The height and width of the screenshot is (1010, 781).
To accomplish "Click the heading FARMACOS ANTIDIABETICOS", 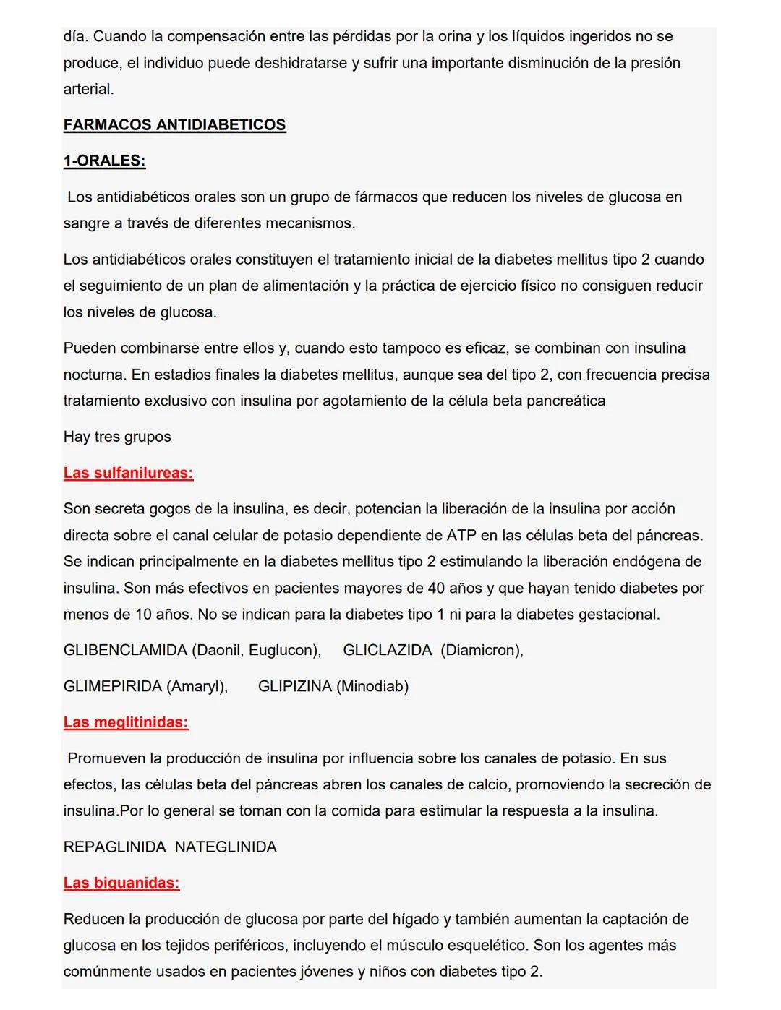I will pos(174,125).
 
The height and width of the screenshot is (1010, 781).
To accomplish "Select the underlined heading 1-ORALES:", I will pos(104,161).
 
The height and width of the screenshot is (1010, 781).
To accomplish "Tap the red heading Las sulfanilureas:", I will pos(128,474).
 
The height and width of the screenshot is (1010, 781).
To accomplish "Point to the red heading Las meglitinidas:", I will pos(126,722).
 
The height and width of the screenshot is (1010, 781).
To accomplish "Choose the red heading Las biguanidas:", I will pos(121,883).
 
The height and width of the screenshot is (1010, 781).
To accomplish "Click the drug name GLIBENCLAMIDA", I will pos(125,651).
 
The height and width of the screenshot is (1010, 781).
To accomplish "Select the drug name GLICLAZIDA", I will pos(387,651).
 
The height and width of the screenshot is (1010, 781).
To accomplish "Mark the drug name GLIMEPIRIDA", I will pos(112,687).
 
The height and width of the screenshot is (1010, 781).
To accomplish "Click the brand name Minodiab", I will pos(372,687).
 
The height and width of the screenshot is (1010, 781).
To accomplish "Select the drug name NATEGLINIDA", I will pos(226,847).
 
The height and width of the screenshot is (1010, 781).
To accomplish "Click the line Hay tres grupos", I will pos(117,437).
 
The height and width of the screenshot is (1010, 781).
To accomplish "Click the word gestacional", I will pos(618,615).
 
